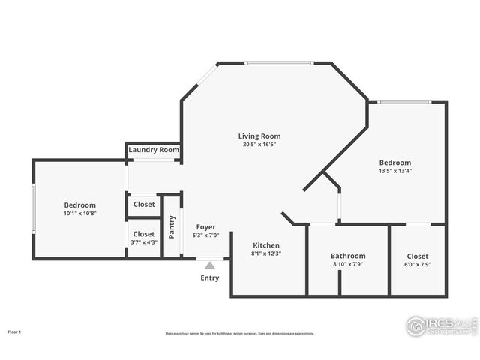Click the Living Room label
[259, 136]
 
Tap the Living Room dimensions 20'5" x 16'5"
[259, 145]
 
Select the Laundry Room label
[154, 150]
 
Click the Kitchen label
[266, 245]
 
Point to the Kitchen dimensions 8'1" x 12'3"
[266, 253]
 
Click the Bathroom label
[349, 256]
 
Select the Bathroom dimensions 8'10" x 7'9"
[349, 264]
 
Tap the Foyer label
[206, 227]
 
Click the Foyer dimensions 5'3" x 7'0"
[206, 235]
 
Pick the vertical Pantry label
[172, 226]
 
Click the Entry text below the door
[210, 278]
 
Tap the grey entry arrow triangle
[210, 264]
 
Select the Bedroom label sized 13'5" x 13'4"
[394, 163]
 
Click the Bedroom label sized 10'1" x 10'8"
[79, 205]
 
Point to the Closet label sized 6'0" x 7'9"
[418, 256]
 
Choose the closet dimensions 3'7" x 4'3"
[144, 242]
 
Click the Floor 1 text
[15, 331]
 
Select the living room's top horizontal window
[279, 63]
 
